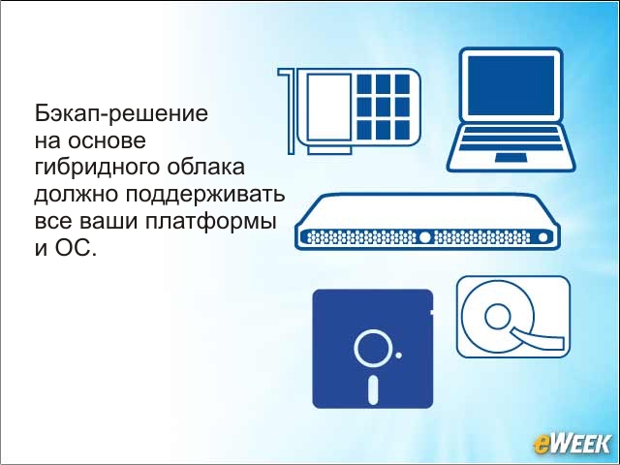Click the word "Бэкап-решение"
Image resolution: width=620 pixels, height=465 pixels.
pos(121,114)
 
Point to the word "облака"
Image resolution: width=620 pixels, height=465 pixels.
pos(205,167)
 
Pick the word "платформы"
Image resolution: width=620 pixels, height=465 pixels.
pos(210,223)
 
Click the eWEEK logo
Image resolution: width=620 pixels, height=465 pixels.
pos(573,444)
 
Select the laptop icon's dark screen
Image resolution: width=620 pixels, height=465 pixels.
pos(511,85)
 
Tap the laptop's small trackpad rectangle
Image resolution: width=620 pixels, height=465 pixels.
pos(511,157)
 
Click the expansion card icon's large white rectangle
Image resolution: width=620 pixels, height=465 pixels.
pos(329,107)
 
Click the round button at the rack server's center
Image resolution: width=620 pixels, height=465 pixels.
pos(424,237)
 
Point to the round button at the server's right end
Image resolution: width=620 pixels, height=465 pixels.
pos(542,237)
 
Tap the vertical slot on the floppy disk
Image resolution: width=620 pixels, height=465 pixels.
pos(373,389)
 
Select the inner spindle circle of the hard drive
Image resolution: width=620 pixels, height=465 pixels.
pos(498,317)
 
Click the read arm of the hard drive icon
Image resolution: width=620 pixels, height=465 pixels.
pos(539,337)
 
